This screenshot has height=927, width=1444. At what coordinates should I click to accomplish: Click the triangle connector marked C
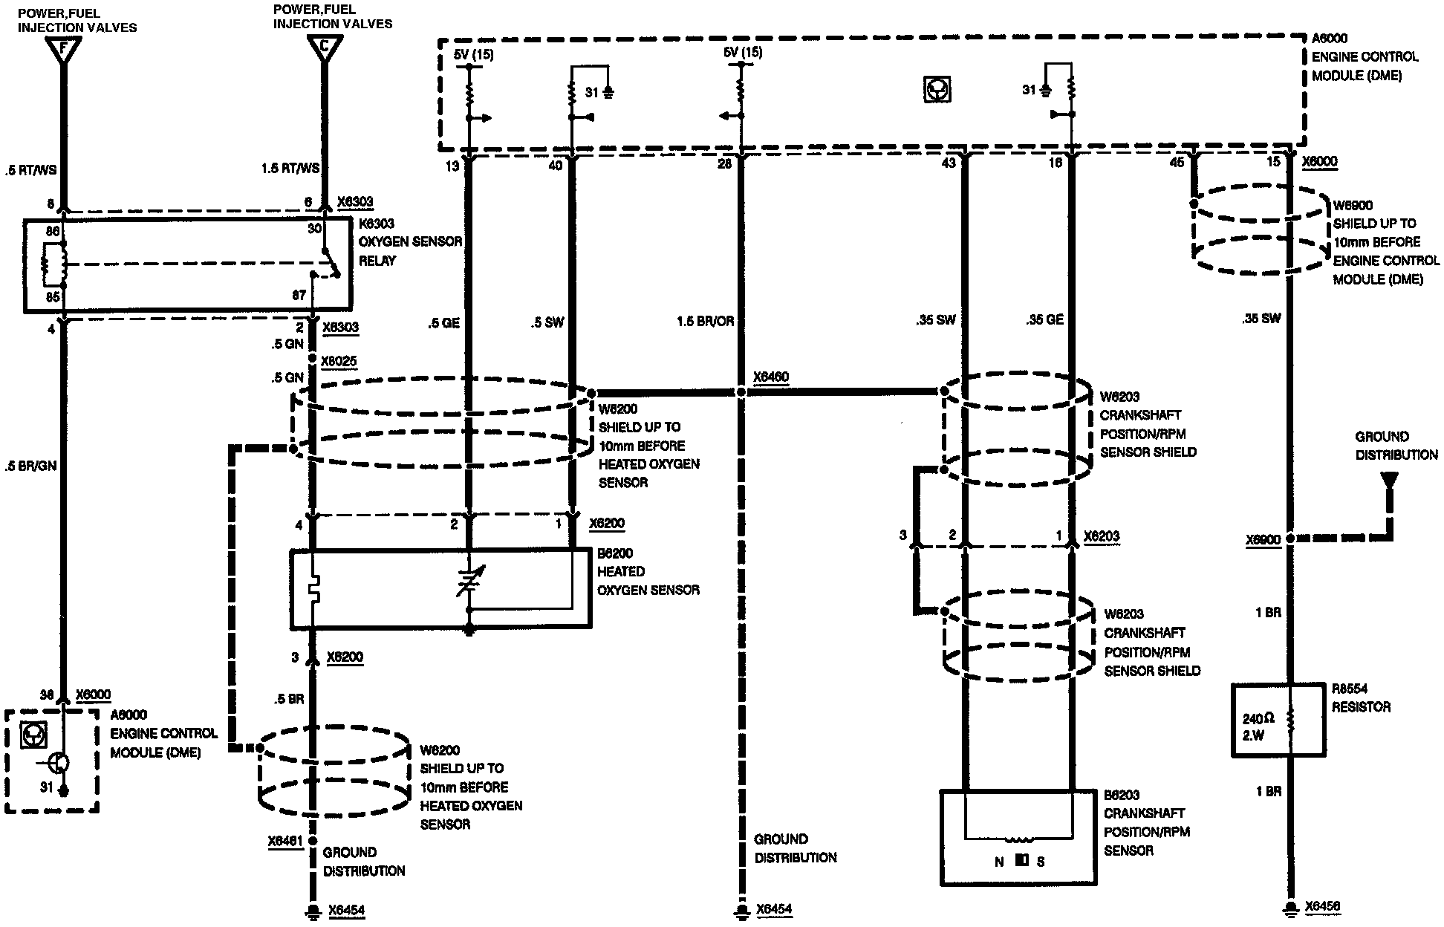tap(325, 48)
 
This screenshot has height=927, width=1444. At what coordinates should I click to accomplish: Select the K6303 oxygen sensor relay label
tap(410, 242)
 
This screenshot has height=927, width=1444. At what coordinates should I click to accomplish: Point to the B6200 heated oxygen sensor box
tap(440, 588)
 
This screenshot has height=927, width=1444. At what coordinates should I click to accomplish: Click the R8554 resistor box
tap(1278, 721)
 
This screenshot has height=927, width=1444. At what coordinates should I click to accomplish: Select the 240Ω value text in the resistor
tap(1259, 719)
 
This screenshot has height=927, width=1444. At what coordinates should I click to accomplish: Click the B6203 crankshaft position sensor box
tap(1018, 837)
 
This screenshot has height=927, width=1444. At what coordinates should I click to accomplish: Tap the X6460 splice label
tap(771, 377)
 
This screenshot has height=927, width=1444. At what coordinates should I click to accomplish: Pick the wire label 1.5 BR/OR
tap(705, 321)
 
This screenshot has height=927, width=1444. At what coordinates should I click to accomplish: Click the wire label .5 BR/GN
tap(31, 466)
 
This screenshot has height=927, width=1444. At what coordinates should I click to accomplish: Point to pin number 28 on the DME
tap(725, 164)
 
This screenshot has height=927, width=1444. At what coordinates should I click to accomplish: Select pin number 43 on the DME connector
tap(949, 163)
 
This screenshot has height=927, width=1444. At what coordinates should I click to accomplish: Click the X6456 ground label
tap(1323, 906)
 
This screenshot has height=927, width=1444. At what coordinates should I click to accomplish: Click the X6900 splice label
tap(1264, 540)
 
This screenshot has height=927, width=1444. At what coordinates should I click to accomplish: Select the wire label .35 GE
tap(1044, 319)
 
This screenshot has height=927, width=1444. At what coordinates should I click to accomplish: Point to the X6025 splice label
tap(339, 362)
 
